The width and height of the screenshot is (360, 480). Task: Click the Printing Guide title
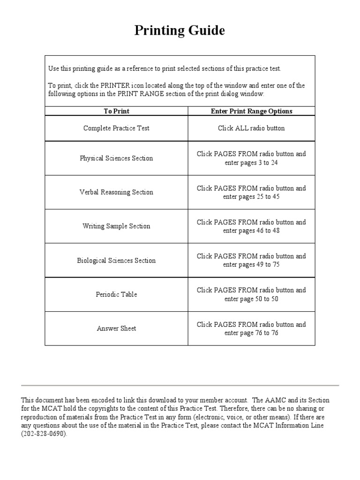pyautogui.click(x=180, y=30)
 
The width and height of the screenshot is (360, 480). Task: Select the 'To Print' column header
pyautogui.click(x=116, y=111)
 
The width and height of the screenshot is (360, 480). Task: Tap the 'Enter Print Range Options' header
pyautogui.click(x=251, y=111)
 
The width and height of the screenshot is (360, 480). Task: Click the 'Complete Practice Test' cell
pyautogui.click(x=116, y=128)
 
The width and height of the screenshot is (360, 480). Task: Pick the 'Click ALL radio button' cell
pyautogui.click(x=251, y=128)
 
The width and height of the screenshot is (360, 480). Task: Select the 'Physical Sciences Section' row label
pyautogui.click(x=116, y=158)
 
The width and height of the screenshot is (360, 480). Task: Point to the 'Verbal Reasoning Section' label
pyautogui.click(x=116, y=192)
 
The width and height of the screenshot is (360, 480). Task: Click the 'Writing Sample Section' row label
pyautogui.click(x=116, y=226)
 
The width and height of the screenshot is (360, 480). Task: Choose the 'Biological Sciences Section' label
pyautogui.click(x=116, y=260)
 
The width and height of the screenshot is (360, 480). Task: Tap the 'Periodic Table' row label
pyautogui.click(x=116, y=294)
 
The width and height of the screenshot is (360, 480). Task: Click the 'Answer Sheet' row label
pyautogui.click(x=116, y=328)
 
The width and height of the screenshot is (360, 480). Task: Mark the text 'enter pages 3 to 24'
pyautogui.click(x=251, y=163)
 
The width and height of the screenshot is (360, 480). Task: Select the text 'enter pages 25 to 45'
pyautogui.click(x=251, y=197)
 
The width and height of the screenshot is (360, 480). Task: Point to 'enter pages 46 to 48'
pyautogui.click(x=251, y=231)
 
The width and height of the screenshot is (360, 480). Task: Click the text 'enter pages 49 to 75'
pyautogui.click(x=251, y=265)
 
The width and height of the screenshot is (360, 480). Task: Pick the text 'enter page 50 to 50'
pyautogui.click(x=251, y=299)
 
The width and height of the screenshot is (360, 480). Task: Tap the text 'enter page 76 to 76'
pyautogui.click(x=251, y=333)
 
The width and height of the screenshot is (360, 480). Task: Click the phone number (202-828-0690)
pyautogui.click(x=44, y=434)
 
